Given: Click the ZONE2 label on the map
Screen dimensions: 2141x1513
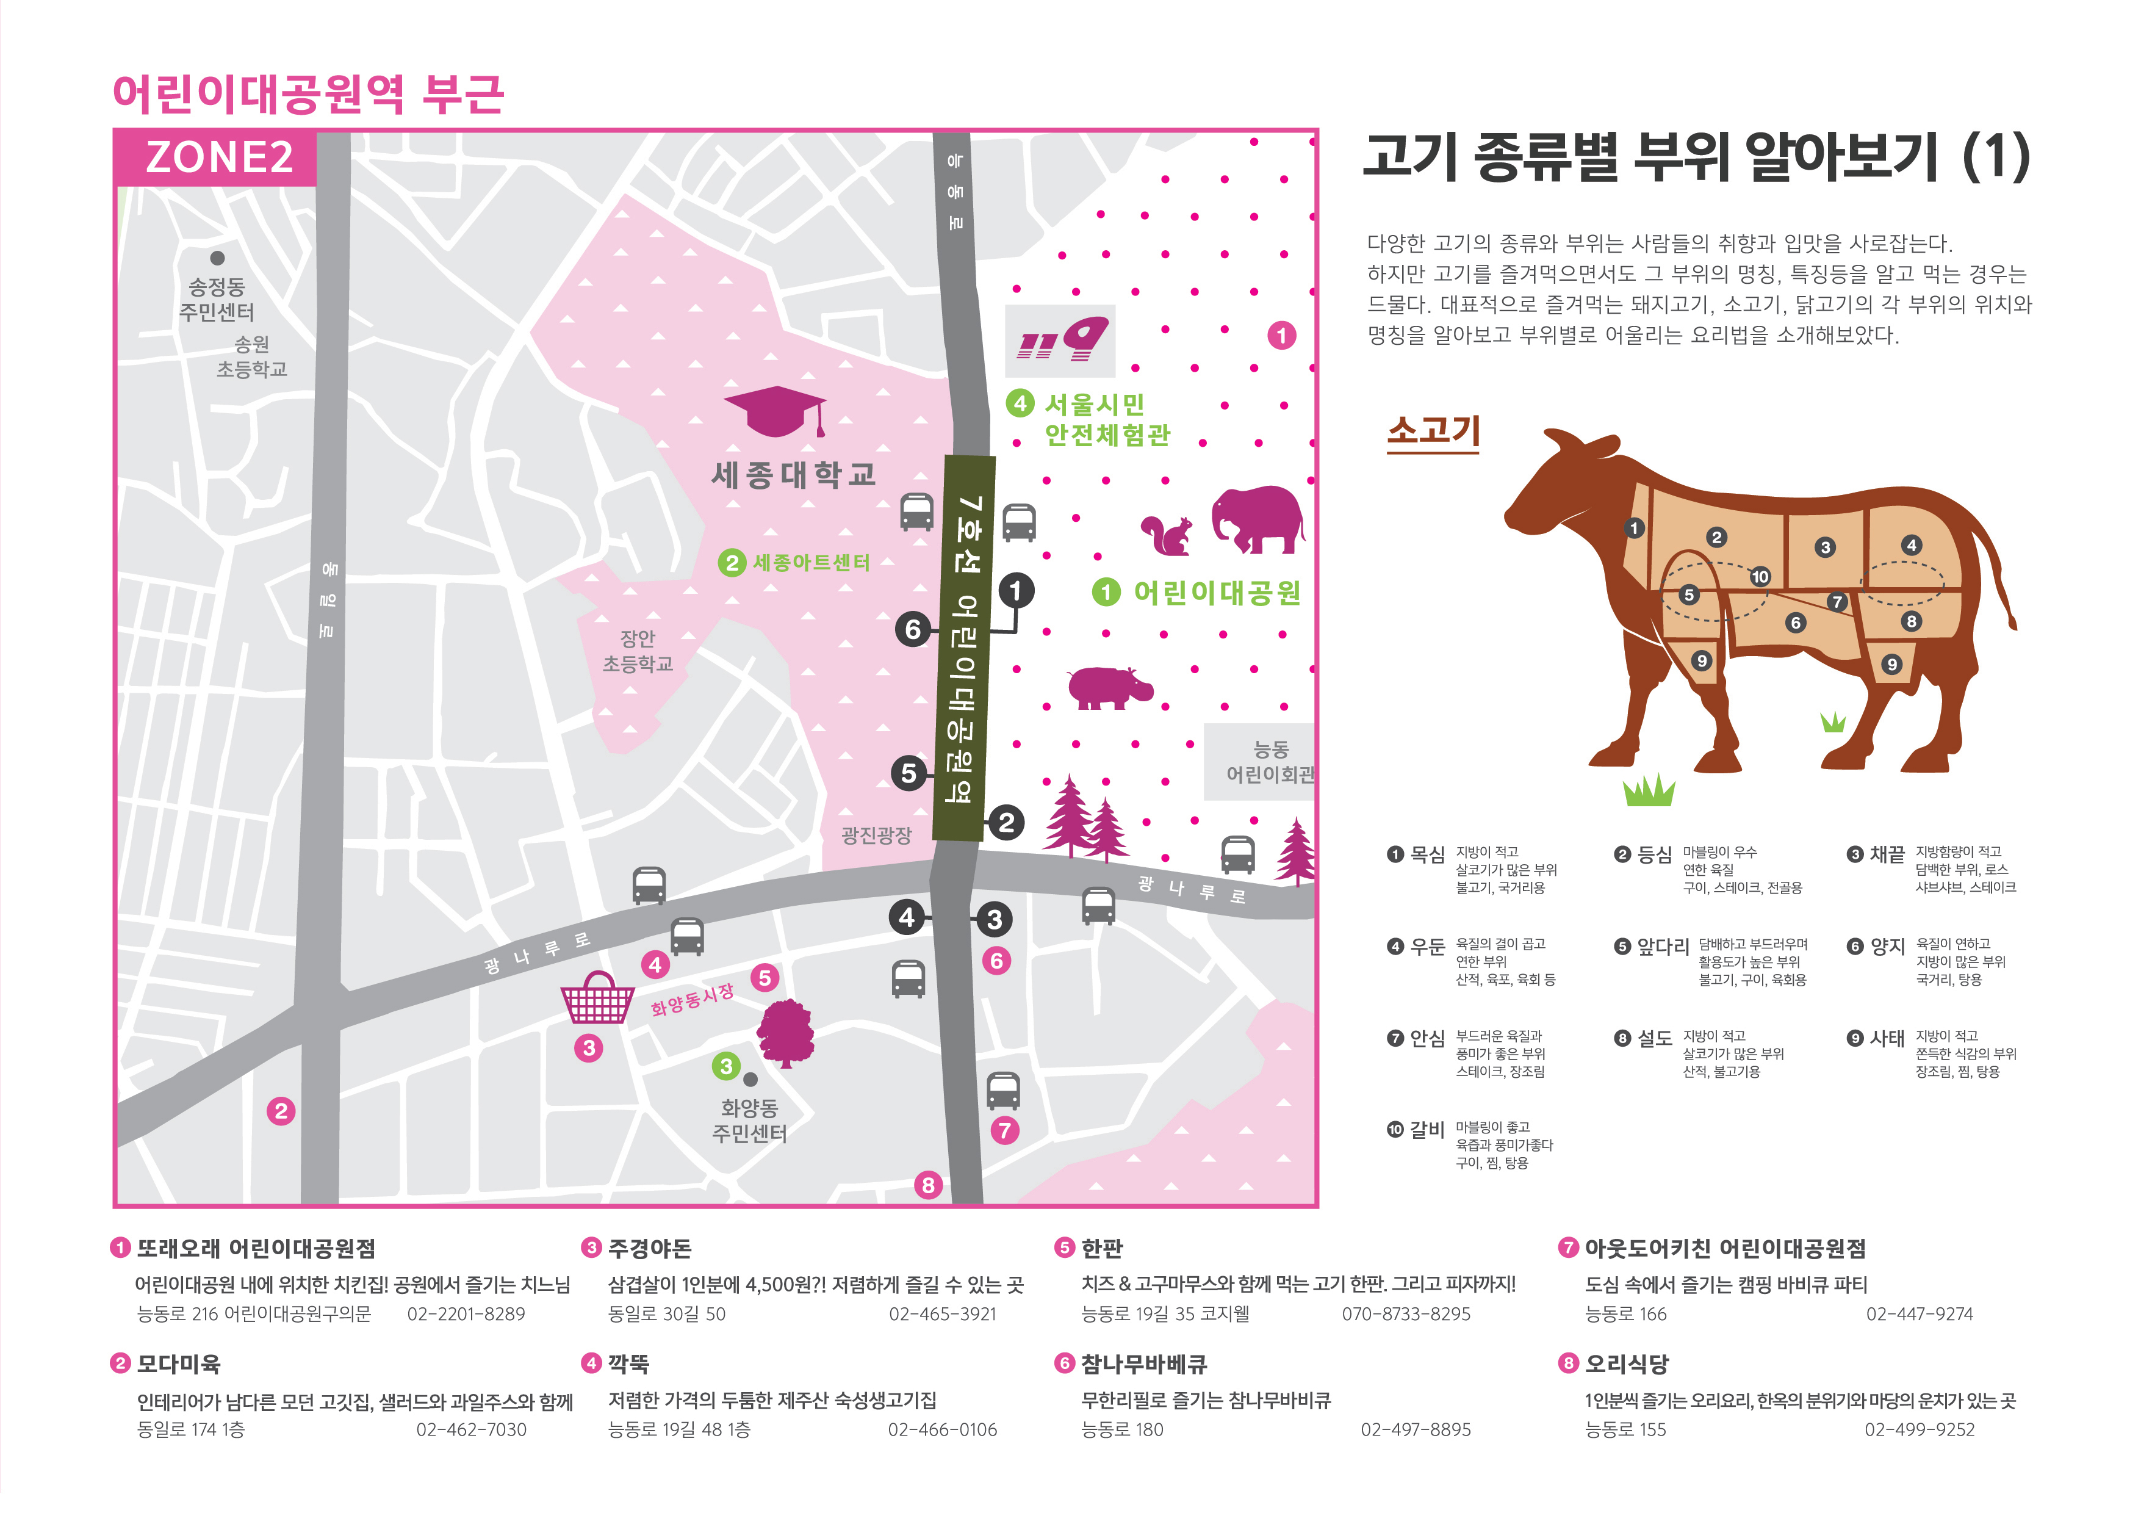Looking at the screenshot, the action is tap(219, 157).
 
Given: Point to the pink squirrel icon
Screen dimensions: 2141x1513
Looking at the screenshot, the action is tap(1167, 535).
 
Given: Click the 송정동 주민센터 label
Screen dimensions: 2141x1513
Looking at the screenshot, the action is tap(217, 300).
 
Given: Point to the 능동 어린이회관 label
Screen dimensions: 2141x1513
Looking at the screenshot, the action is tap(1269, 762).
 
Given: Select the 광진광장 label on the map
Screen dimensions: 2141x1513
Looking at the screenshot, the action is tap(876, 835).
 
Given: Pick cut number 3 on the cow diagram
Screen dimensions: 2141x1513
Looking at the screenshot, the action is tap(1825, 547).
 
